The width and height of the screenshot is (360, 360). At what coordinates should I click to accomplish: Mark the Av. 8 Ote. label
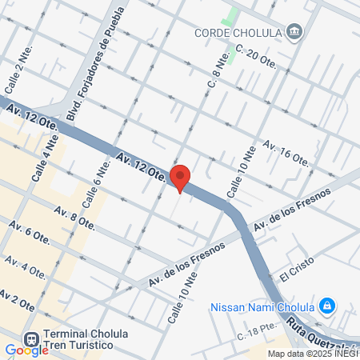point(74,216)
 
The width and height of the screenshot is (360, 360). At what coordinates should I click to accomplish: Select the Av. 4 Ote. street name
point(25,266)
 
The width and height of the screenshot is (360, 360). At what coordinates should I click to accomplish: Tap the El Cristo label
point(298,274)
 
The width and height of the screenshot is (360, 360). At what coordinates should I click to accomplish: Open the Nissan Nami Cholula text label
point(262,307)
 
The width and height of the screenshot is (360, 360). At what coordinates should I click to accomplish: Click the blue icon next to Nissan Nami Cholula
point(326,306)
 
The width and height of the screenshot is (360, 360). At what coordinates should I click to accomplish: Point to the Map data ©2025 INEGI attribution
point(313,354)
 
